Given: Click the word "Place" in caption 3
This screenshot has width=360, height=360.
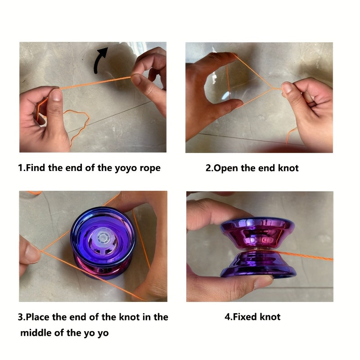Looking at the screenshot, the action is coord(37,317).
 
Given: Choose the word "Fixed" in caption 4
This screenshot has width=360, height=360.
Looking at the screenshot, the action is coord(245,317).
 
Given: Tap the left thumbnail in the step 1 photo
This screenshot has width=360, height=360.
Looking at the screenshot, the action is coord(55,95).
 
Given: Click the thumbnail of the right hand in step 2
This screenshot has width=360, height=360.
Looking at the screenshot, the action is coord(287,87).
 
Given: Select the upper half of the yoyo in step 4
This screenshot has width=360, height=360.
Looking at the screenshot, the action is coord(257,232).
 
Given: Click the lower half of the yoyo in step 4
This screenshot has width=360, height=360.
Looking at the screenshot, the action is coord(257,264).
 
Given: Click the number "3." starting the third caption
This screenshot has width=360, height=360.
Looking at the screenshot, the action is coord(21,317).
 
